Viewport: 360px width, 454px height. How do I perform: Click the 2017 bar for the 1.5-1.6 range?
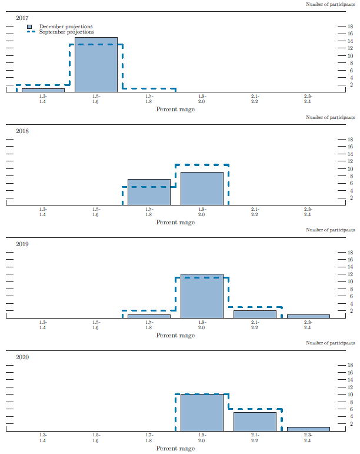[x=96, y=65]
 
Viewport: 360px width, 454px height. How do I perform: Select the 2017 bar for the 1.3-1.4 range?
[x=43, y=90]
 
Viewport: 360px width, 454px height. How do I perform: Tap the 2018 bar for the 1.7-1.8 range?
[x=149, y=193]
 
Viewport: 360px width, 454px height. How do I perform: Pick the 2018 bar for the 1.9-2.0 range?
[x=202, y=189]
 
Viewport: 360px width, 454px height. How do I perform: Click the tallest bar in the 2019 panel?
[x=202, y=296]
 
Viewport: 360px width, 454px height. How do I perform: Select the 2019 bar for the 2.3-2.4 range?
[x=308, y=316]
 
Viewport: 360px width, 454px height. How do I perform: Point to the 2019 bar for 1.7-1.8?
[x=149, y=316]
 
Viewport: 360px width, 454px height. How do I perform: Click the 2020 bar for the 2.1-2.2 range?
[x=255, y=422]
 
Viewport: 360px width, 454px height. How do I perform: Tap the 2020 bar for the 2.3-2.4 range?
[x=308, y=429]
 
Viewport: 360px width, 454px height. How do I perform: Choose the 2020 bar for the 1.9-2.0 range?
[x=202, y=413]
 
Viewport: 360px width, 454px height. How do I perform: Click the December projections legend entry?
[x=61, y=26]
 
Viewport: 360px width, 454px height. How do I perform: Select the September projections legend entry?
[x=61, y=32]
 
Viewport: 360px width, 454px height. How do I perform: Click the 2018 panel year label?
[x=22, y=131]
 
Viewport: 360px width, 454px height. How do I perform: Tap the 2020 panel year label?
[x=22, y=357]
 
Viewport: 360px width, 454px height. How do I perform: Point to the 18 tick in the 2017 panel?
[x=349, y=26]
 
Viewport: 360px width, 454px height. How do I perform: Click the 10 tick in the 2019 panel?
[x=349, y=281]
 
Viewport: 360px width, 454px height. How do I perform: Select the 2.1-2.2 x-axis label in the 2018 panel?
[x=255, y=212]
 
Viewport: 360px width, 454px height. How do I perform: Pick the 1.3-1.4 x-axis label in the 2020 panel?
[x=43, y=438]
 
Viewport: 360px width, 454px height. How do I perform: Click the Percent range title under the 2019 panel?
[x=175, y=336]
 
